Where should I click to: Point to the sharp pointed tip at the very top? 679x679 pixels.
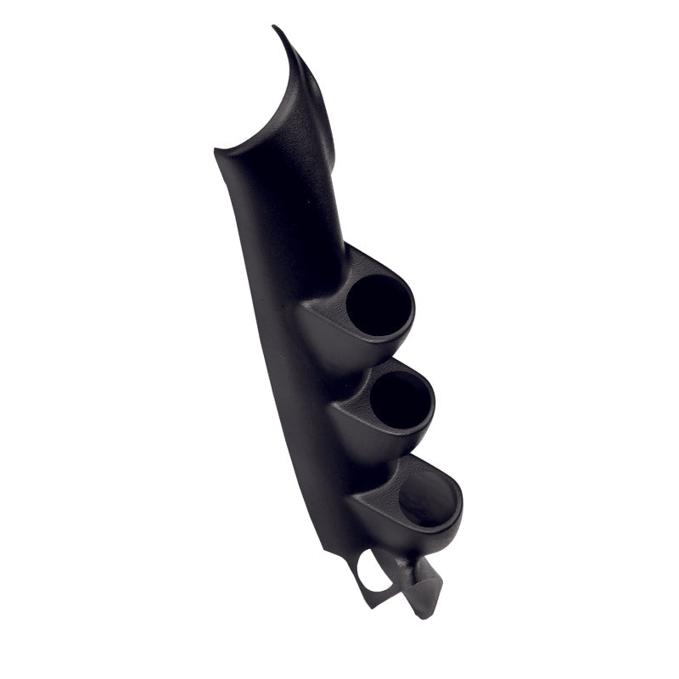[274, 27]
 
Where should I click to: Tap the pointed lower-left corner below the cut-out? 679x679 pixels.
[367, 603]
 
